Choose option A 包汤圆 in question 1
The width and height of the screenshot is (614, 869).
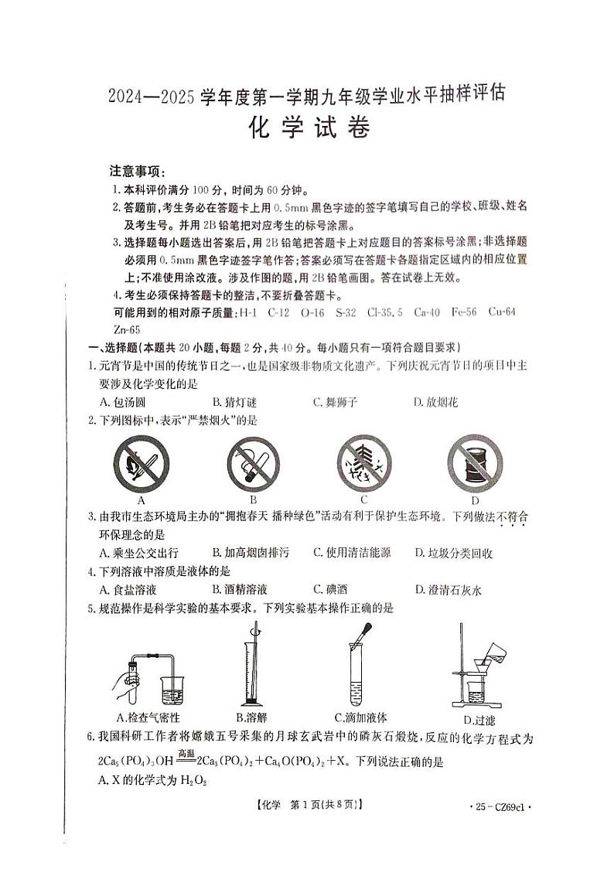(123, 401)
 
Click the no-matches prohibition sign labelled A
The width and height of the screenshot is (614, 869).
(142, 464)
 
